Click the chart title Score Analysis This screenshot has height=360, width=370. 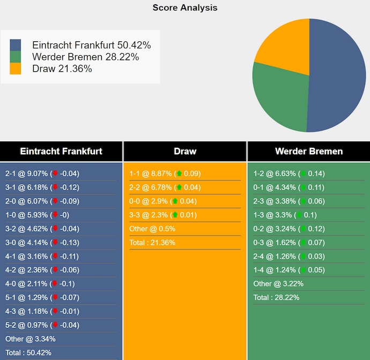point(185,7)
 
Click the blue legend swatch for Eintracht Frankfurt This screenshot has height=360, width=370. point(16,45)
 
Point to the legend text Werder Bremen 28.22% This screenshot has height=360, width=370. point(85,57)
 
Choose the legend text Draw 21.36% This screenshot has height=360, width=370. point(62,69)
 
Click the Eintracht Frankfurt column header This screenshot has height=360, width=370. point(61,151)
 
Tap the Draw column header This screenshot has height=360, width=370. point(185,151)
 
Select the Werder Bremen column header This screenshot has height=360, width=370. point(308,151)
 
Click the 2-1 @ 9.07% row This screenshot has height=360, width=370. point(42,174)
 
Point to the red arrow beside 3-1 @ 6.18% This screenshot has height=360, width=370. point(55,187)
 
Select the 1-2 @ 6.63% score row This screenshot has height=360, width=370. point(289,174)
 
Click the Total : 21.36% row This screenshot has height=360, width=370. point(152,243)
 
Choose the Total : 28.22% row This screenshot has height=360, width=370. point(276,298)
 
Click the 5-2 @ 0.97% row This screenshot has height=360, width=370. point(42,325)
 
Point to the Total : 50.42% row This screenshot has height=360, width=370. point(28,352)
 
